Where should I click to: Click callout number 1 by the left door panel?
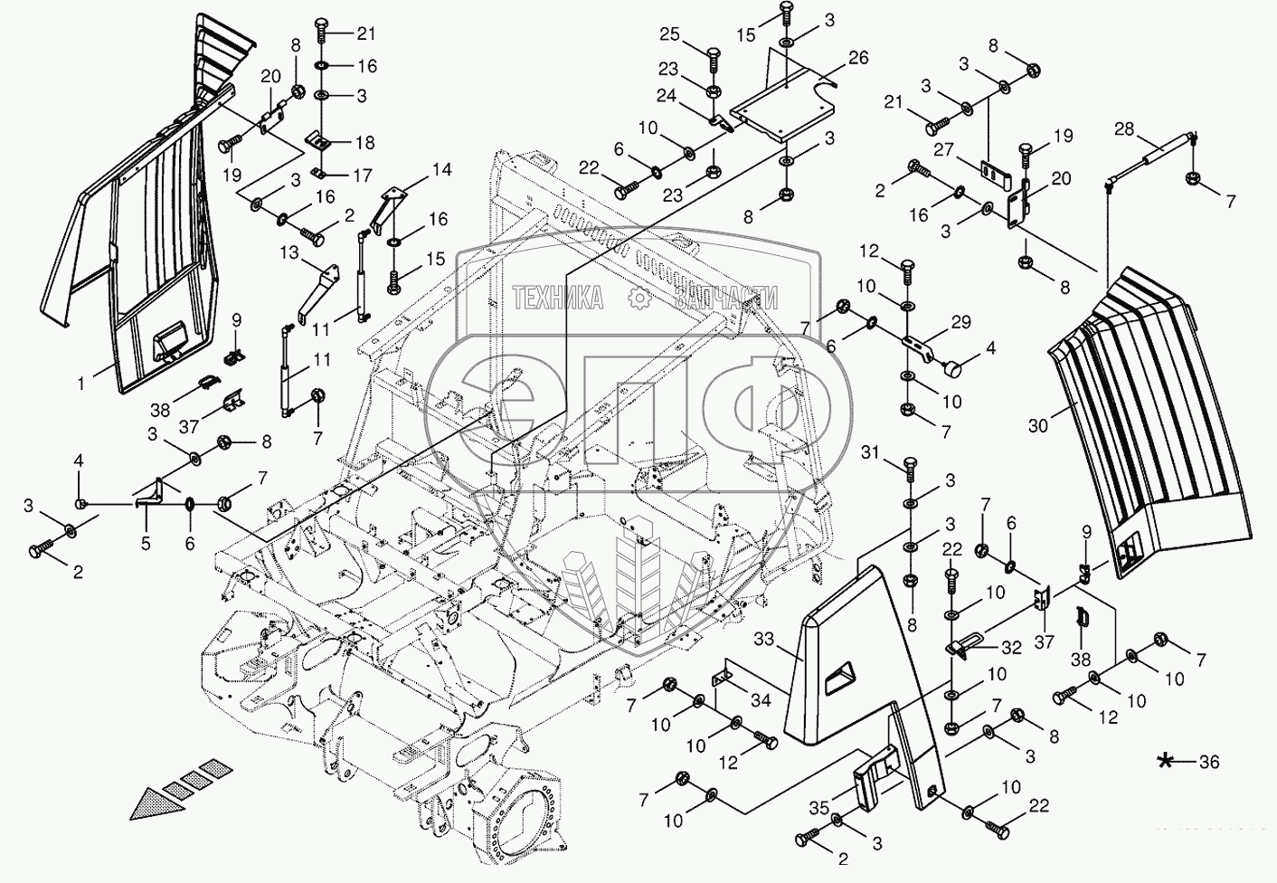pyautogui.click(x=80, y=385)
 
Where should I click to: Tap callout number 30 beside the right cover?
pyautogui.click(x=1037, y=424)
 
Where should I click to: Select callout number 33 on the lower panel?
pyautogui.click(x=764, y=640)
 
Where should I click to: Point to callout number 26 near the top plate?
pyautogui.click(x=857, y=58)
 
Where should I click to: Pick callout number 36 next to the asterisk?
pyautogui.click(x=1209, y=763)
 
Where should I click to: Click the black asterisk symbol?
pyautogui.click(x=1168, y=762)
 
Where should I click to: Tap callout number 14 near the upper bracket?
pyautogui.click(x=440, y=169)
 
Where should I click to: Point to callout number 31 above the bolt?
pyautogui.click(x=869, y=451)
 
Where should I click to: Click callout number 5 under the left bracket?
pyautogui.click(x=146, y=544)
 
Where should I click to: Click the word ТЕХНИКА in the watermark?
pyautogui.click(x=558, y=299)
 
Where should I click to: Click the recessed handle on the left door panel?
pyautogui.click(x=168, y=344)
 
